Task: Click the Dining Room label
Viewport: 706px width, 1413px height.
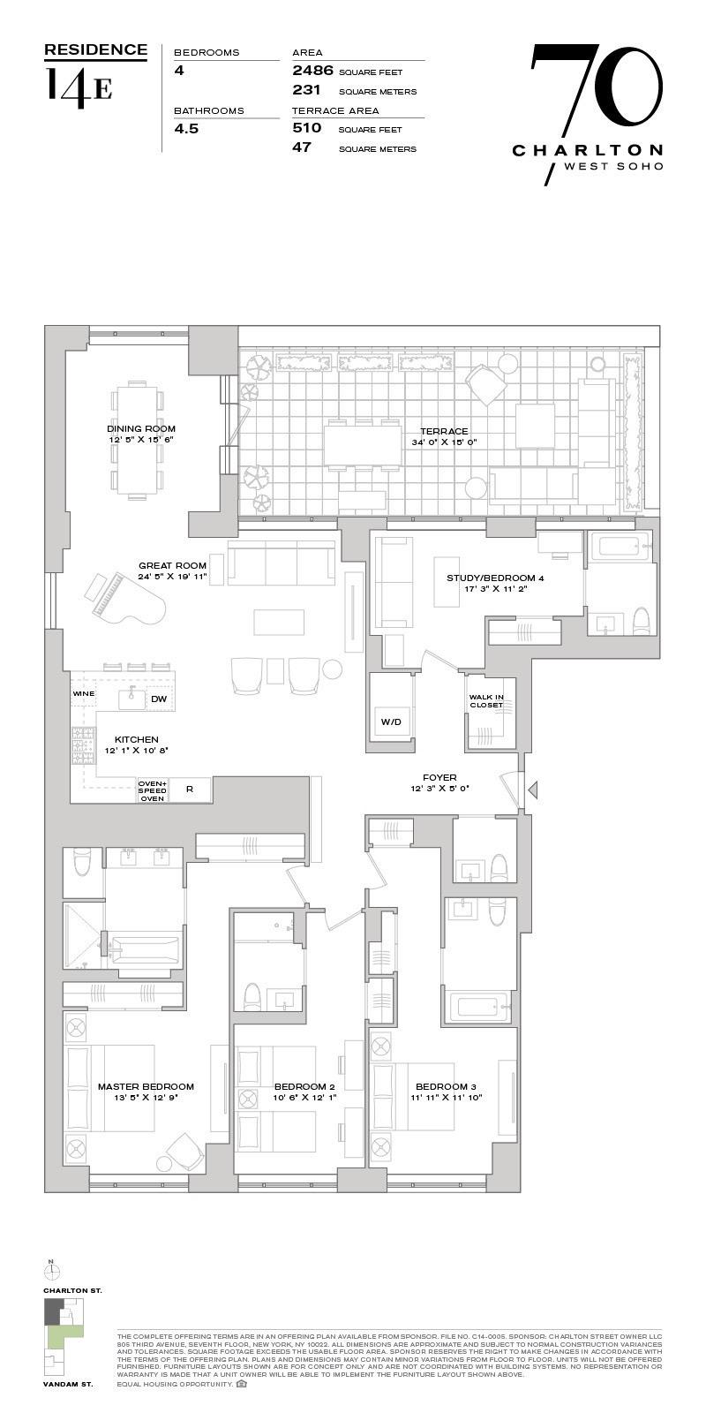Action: pos(141,429)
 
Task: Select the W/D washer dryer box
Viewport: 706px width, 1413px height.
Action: pos(391,722)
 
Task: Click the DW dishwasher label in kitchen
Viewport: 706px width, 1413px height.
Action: pos(159,699)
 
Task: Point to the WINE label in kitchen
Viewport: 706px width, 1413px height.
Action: pos(83,694)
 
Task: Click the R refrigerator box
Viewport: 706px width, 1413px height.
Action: pos(190,790)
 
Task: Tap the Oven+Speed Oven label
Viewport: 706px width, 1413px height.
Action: pos(153,790)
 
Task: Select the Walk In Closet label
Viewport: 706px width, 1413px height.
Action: pos(486,700)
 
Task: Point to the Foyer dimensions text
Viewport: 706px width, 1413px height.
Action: pos(439,789)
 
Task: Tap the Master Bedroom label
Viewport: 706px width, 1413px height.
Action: pos(146,1087)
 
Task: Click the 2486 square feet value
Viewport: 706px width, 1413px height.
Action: pos(312,71)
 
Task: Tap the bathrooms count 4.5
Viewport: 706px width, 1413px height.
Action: pos(186,128)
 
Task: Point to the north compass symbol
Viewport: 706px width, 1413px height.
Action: pos(52,1271)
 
